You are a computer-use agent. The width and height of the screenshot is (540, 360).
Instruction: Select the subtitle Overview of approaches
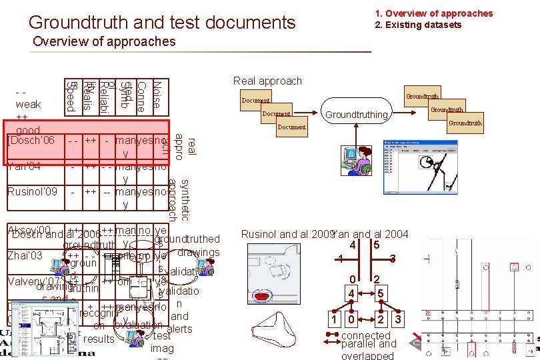[x=104, y=42]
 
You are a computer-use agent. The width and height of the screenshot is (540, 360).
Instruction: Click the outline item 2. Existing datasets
[x=418, y=25]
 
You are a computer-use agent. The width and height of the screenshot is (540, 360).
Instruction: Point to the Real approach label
[x=267, y=81]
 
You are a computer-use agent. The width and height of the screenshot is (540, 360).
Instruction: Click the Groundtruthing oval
[x=355, y=115]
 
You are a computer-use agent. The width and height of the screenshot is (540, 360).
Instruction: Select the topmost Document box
[x=256, y=101]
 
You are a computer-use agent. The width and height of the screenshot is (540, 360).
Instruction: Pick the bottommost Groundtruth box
[x=465, y=123]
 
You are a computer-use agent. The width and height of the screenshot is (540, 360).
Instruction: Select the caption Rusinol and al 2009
[x=286, y=234]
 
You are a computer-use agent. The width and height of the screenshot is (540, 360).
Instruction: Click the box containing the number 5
[x=377, y=245]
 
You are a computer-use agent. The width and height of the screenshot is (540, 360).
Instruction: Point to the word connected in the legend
[x=365, y=335]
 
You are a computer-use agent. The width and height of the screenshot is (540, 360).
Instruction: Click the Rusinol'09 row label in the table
[x=32, y=192]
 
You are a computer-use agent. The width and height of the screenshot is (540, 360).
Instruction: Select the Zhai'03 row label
[x=24, y=255]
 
